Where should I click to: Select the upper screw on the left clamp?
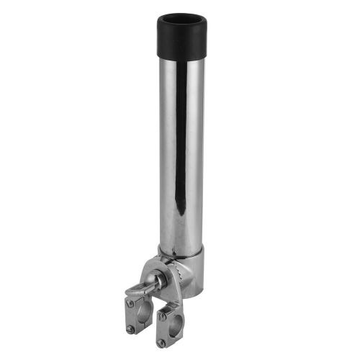coord(130,304)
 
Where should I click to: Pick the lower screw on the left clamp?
coord(130,329)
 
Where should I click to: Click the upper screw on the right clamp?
coord(163,316)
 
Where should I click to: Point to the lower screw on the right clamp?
coord(161,343)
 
